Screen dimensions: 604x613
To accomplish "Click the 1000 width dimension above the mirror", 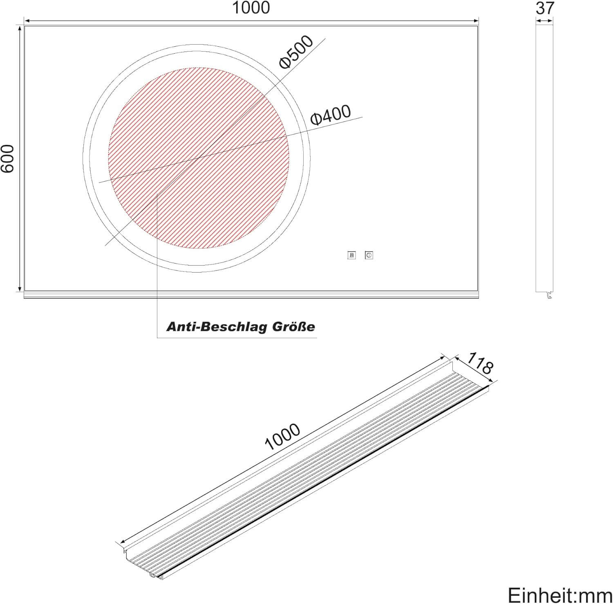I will (251, 8).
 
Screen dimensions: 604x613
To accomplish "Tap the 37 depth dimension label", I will (544, 8).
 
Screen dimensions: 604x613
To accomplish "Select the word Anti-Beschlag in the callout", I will (210, 327).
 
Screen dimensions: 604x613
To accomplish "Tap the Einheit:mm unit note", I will (559, 594).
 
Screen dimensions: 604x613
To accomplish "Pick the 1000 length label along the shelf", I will (282, 437).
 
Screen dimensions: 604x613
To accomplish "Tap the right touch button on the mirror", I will (369, 255).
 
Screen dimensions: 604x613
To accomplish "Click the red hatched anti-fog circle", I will (199, 158).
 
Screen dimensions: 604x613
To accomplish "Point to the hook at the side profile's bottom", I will (550, 295).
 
